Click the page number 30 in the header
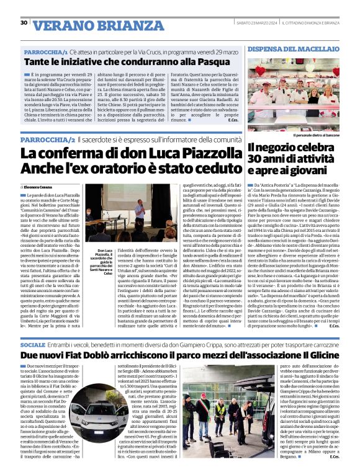tap(24, 23)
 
